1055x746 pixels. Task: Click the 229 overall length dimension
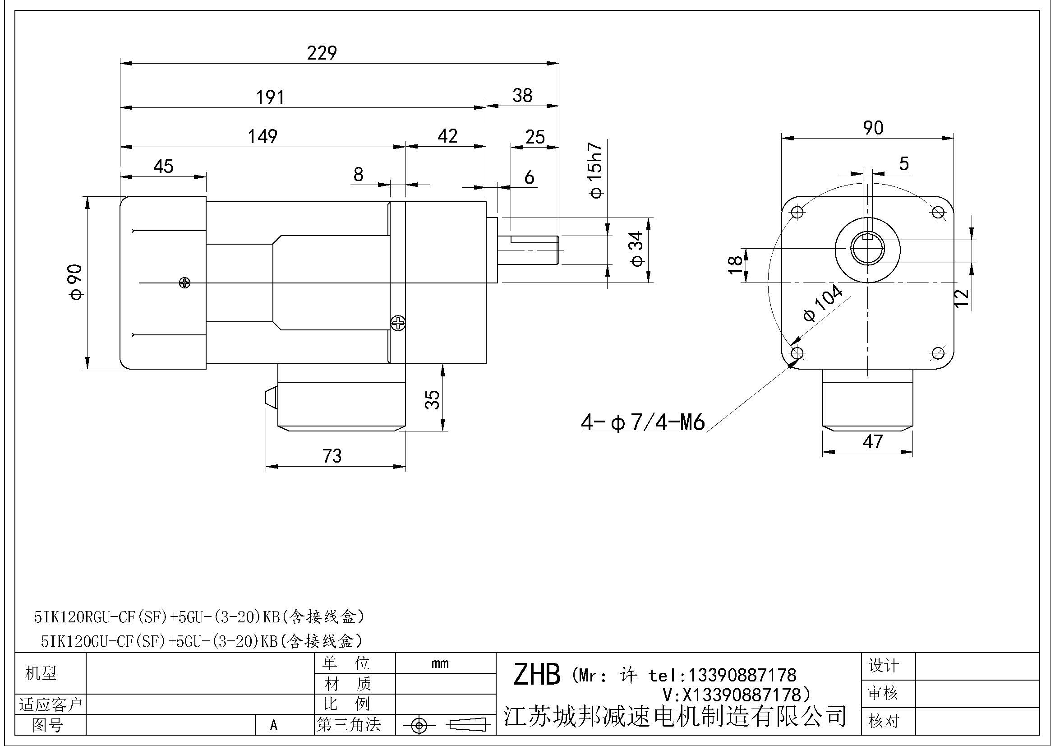(322, 53)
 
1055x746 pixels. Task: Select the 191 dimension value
(270, 97)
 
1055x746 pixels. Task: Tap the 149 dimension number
(263, 136)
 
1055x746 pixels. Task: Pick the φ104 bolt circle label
(823, 303)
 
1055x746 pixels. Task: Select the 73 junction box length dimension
(332, 456)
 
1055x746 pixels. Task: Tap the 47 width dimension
(873, 442)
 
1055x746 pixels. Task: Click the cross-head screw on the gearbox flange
(397, 324)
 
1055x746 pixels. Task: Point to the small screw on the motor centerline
(185, 283)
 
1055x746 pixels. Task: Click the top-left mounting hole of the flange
(798, 212)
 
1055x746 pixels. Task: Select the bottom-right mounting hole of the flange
(938, 353)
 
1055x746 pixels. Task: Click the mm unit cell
(440, 663)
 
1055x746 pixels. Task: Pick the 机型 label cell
(41, 673)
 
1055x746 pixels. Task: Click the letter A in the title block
(274, 725)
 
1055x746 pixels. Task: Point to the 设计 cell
(883, 666)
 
